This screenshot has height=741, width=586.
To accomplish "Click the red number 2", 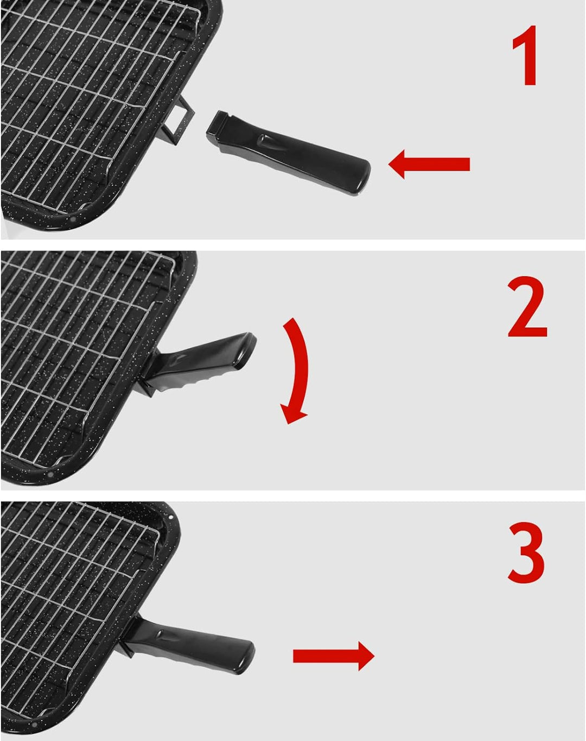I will click(x=527, y=307).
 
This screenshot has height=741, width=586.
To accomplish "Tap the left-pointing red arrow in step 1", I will click(x=429, y=164).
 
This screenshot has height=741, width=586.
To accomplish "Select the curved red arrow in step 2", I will click(x=297, y=369).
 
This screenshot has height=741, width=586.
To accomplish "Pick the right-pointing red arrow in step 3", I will click(x=333, y=656).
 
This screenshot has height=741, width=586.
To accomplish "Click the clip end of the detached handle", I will click(x=221, y=124).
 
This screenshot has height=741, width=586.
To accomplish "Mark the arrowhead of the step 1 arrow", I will click(x=399, y=164).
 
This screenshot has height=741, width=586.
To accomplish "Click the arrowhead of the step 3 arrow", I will click(x=365, y=656).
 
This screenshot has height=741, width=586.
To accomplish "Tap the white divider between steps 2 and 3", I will click(x=293, y=495).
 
